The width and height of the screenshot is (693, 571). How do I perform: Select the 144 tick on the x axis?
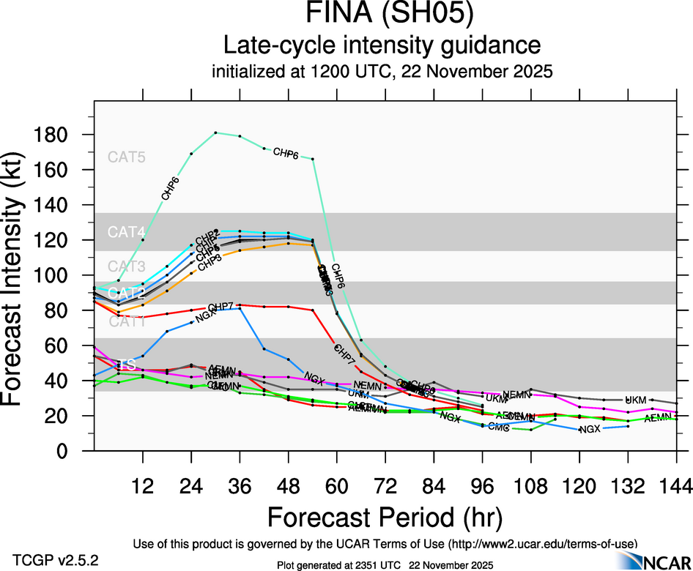[x=675, y=484]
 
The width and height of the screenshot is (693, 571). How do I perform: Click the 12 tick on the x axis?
[x=143, y=484]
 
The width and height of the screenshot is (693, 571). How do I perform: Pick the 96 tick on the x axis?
[x=482, y=484]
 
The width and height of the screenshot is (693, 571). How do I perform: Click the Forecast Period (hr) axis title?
[x=385, y=517]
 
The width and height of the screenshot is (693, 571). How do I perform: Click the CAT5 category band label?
[x=127, y=157]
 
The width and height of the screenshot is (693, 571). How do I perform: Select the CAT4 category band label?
[x=127, y=232]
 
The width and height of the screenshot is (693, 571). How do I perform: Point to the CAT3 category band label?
[x=127, y=266]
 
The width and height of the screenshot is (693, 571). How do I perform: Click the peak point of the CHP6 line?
[x=215, y=133]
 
